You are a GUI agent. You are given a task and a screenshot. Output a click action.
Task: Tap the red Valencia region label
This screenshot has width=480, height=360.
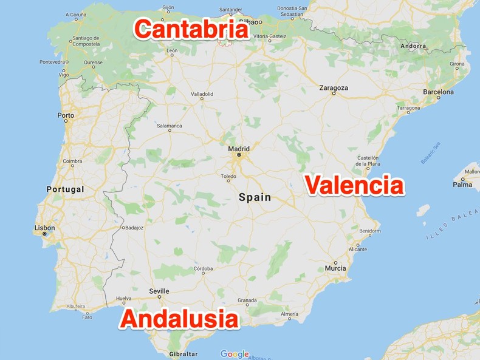coord(354,185)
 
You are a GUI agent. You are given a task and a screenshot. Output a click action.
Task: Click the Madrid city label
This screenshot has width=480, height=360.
coord(239,148)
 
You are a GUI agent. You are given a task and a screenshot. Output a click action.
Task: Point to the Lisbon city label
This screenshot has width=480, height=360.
coord(44,228)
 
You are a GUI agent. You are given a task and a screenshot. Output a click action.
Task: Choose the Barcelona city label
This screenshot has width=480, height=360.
coord(439,92)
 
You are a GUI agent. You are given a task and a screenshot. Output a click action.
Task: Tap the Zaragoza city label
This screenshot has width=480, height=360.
coord(334,88)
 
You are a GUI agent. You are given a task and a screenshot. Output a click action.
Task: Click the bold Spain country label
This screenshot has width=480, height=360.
coord(255,197)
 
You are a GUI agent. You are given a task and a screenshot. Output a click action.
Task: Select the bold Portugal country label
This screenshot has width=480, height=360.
coord(65,189)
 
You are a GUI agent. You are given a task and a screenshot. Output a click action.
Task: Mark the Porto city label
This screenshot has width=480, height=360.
coord(66,115)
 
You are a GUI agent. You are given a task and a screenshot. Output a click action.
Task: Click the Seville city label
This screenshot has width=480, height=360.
coord(159,291)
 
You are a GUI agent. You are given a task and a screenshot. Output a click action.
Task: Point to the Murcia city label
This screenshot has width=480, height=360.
coord(335,268)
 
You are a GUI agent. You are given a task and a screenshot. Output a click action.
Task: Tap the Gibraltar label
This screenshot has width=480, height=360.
coord(183,354)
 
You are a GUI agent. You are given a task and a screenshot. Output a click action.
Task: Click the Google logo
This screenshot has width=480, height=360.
coord(235,354)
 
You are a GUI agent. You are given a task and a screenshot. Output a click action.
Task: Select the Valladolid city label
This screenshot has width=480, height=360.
coord(202,94)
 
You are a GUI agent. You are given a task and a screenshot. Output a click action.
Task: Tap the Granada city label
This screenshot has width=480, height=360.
coord(247,301)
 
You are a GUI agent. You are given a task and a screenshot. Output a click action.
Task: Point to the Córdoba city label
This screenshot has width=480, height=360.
coord(203,268)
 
